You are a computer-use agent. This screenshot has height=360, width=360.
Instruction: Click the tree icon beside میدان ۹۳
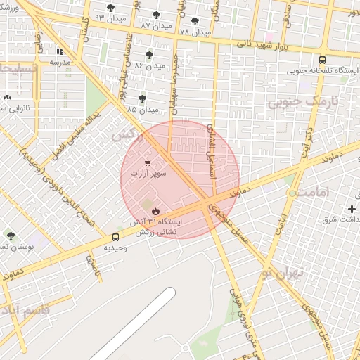click(110, 8)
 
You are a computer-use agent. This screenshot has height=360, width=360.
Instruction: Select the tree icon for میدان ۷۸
click(194, 21)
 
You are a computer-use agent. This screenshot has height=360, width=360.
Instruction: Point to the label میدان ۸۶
click(149, 65)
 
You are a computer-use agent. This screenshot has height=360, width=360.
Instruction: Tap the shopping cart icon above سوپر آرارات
click(148, 163)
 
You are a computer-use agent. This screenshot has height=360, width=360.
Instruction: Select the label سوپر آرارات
click(148, 173)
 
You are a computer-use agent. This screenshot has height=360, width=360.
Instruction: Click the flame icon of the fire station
click(155, 210)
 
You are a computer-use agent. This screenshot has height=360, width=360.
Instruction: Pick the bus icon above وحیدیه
click(115, 237)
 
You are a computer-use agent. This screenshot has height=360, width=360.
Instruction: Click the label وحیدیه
click(115, 247)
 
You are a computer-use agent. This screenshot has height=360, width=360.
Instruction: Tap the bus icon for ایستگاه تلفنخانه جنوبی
click(322, 60)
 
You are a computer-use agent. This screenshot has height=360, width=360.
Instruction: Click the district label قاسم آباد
click(25, 310)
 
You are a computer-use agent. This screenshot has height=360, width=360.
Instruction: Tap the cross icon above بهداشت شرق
click(352, 209)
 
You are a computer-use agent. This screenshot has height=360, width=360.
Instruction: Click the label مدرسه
click(60, 62)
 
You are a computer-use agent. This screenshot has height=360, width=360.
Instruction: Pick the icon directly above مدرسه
click(60, 51)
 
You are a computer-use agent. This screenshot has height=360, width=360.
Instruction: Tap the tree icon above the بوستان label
click(10, 236)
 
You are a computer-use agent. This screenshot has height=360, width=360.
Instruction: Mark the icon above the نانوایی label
click(7, 98)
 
